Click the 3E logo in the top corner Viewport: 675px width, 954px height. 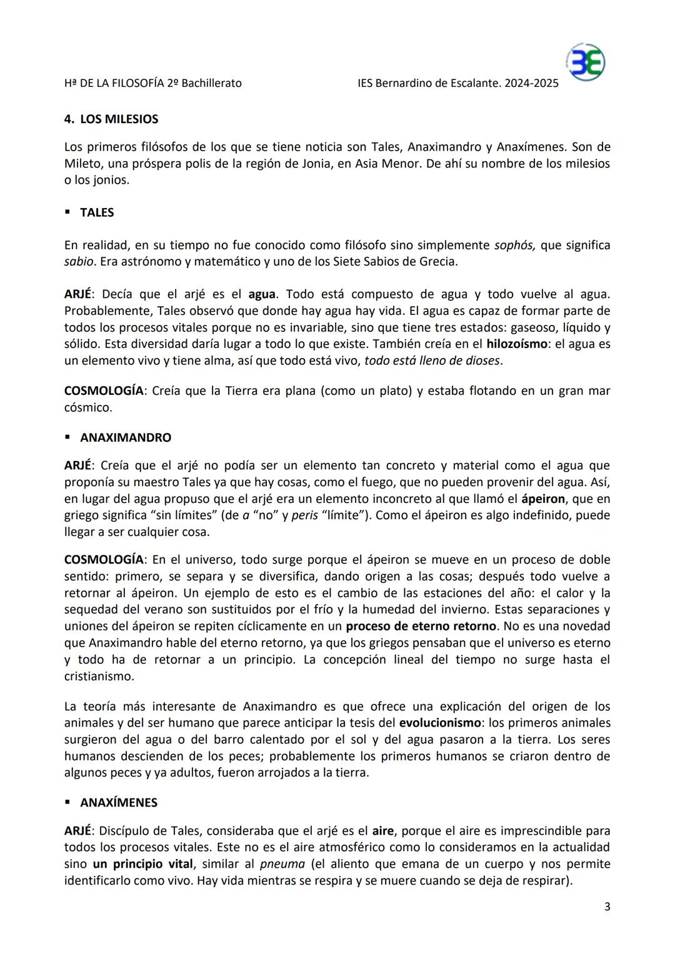586,62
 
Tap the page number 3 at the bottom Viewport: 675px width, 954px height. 607,907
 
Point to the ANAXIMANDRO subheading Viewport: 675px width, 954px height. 125,437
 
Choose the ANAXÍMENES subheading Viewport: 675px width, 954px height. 119,802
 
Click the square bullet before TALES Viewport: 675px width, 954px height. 67,212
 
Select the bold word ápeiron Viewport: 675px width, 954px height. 543,499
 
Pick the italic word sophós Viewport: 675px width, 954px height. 514,245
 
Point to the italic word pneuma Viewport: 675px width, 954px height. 282,864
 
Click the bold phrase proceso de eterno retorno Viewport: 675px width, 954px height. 421,626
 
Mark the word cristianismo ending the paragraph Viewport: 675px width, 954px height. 98,676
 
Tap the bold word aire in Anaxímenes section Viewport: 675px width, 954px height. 383,831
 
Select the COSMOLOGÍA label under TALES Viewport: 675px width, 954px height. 104,391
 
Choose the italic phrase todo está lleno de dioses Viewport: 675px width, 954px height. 432,360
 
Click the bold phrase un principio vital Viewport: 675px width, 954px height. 142,864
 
